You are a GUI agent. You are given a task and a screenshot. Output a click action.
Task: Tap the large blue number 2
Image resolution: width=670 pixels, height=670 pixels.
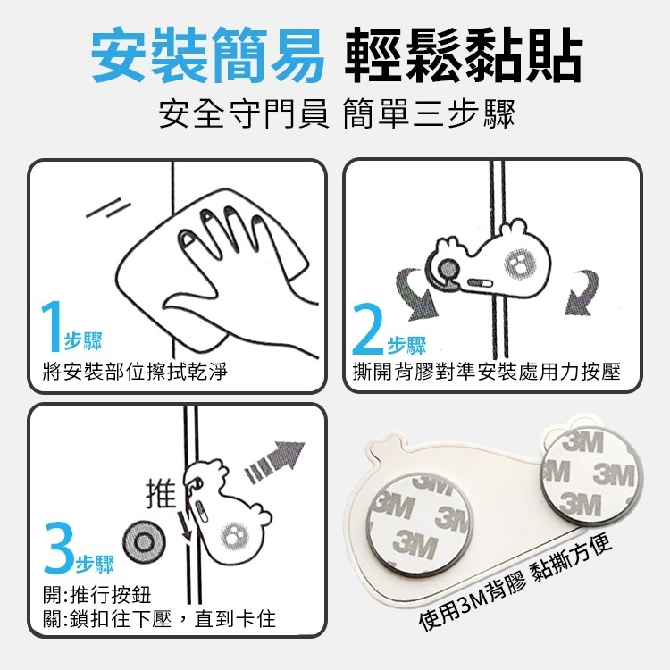point(368,328)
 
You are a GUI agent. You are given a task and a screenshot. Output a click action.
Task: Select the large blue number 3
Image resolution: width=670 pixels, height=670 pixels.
point(59,548)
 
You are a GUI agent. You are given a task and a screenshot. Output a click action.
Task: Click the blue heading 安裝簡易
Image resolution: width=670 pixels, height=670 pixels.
point(207,55)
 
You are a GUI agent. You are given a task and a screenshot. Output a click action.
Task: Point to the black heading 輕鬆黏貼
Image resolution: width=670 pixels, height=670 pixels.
point(464,55)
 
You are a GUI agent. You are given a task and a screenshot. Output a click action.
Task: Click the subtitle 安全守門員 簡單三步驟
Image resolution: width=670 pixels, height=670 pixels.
point(337,113)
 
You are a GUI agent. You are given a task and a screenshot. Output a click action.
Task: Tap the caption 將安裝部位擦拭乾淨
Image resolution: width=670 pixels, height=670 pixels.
point(135,371)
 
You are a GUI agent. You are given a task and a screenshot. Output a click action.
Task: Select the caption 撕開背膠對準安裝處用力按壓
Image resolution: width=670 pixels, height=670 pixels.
point(486,371)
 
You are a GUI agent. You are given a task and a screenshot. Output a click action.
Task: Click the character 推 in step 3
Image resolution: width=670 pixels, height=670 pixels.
point(161,492)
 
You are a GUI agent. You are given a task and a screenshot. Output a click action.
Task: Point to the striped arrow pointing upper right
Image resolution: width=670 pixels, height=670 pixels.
point(274,462)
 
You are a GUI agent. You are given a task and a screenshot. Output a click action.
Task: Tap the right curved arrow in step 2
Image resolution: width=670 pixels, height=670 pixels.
point(582,292)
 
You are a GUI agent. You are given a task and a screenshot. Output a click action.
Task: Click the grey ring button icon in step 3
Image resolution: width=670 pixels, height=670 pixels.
point(144,542)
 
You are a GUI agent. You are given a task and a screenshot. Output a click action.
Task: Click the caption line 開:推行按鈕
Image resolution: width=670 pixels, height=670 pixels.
point(97,594)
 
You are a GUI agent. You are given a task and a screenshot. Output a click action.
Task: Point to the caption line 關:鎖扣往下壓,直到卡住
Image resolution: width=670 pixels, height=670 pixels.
point(159,618)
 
